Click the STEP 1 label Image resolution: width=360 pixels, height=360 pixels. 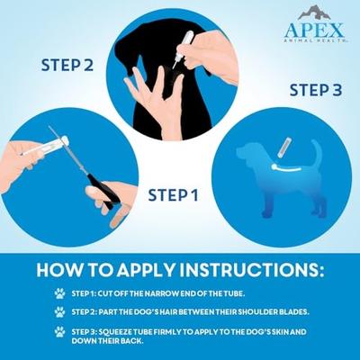(173, 194)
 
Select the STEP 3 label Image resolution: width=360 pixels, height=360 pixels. (316, 90)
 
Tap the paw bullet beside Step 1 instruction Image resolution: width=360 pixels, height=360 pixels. (58, 292)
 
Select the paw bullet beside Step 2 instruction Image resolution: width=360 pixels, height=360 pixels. (58, 311)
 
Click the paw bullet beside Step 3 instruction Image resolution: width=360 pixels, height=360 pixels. (58, 331)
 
